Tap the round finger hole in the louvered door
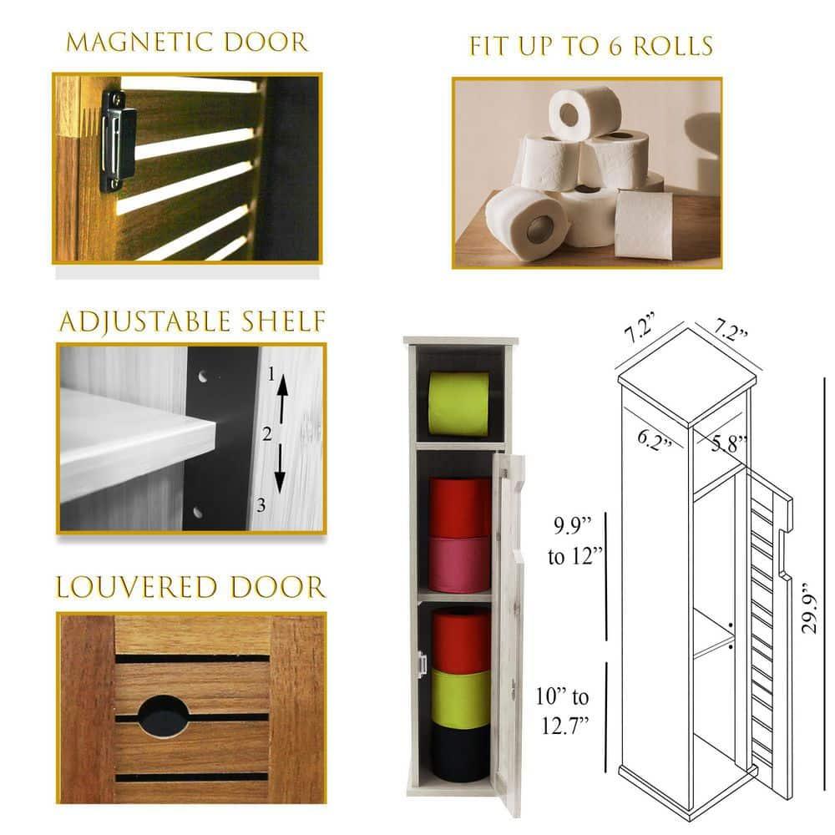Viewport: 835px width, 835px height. [163, 716]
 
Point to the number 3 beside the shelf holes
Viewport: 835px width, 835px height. [261, 505]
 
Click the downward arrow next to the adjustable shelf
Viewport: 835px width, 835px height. [280, 470]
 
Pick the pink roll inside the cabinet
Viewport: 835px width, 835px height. [459, 564]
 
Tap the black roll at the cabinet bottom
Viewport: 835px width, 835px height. [460, 752]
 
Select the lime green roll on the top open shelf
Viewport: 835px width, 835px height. [458, 404]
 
